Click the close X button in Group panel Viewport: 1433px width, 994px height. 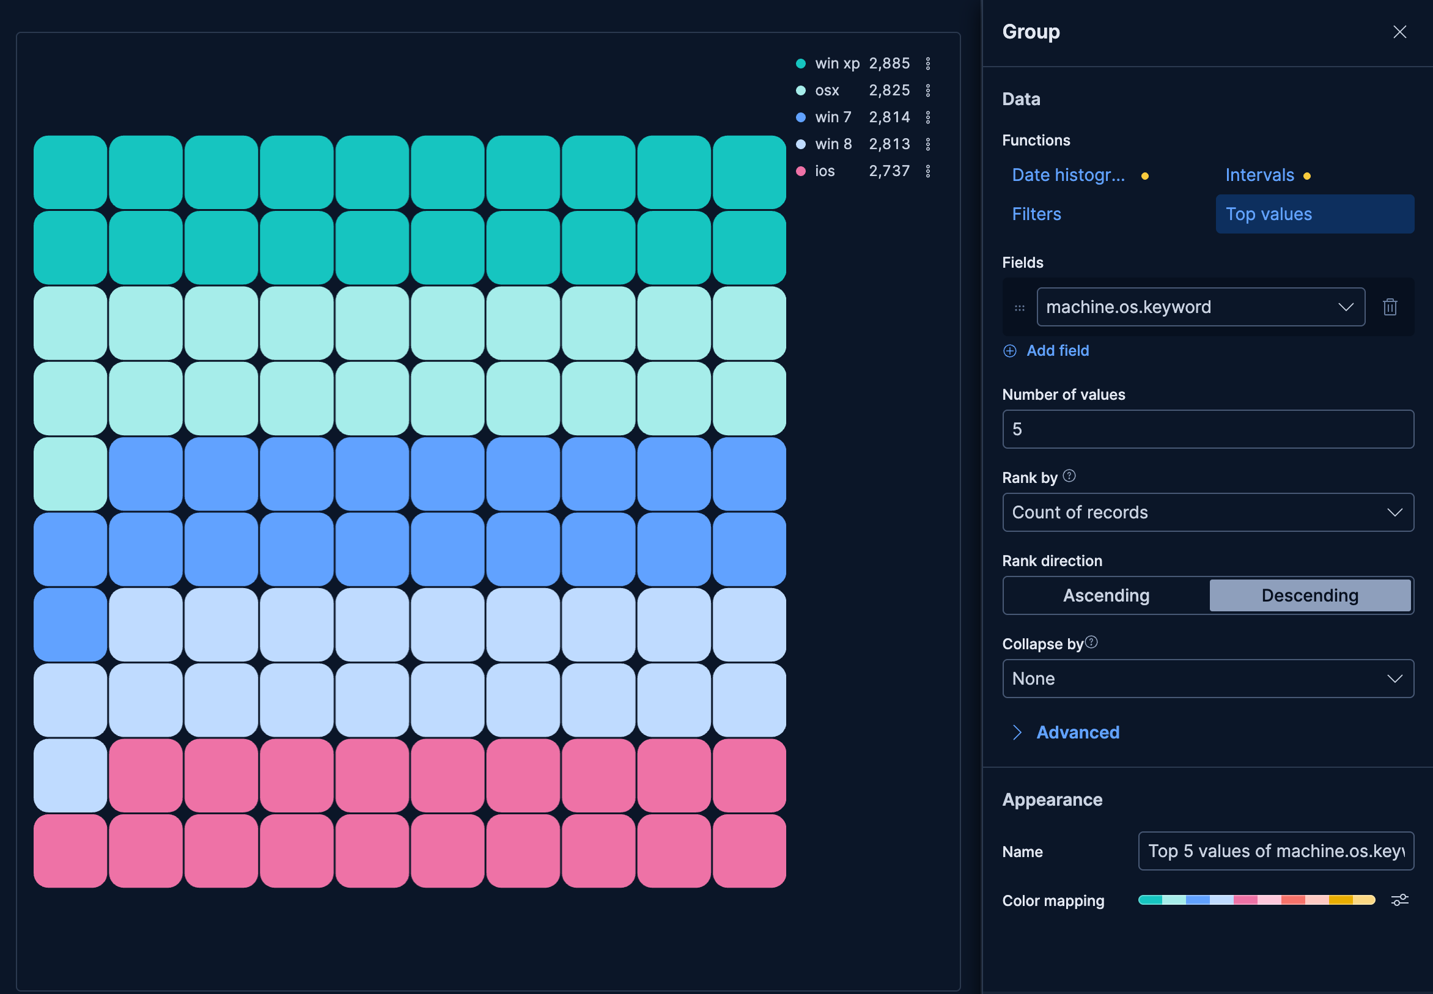pyautogui.click(x=1399, y=32)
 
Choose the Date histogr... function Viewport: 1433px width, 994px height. pyautogui.click(x=1068, y=175)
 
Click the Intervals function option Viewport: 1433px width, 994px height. pyautogui.click(x=1259, y=175)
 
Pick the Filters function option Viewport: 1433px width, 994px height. pyautogui.click(x=1036, y=214)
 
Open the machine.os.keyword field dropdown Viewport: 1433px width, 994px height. pyautogui.click(x=1200, y=307)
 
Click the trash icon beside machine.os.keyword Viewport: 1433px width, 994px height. pyautogui.click(x=1390, y=307)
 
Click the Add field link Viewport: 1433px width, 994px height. pyautogui.click(x=1057, y=351)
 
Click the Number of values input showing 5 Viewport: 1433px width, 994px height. pyautogui.click(x=1207, y=429)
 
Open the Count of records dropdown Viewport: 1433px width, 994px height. pyautogui.click(x=1207, y=512)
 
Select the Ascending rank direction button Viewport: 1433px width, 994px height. pyautogui.click(x=1106, y=595)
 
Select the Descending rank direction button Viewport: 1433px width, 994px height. pyautogui.click(x=1310, y=595)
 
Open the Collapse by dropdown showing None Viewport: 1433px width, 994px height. pyautogui.click(x=1207, y=679)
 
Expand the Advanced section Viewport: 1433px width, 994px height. pyautogui.click(x=1077, y=732)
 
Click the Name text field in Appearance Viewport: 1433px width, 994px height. pyautogui.click(x=1275, y=852)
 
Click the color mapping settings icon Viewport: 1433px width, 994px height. pyautogui.click(x=1399, y=900)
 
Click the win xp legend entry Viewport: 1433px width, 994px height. pyautogui.click(x=837, y=64)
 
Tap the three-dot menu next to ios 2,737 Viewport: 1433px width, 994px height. pyautogui.click(x=928, y=171)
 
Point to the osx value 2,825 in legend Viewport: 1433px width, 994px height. pyautogui.click(x=890, y=90)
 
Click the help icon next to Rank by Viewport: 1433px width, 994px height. pyautogui.click(x=1069, y=476)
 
